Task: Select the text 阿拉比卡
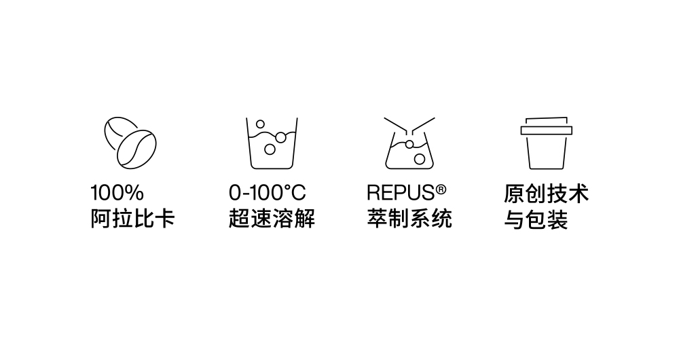tap(132, 218)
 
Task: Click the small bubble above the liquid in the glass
tap(260, 124)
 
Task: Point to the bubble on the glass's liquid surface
tap(280, 137)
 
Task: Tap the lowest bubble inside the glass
tap(270, 149)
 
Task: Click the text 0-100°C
tap(267, 193)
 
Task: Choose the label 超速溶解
tap(272, 218)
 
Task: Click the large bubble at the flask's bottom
tap(419, 159)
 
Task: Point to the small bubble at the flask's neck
tap(409, 144)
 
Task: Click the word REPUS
tap(401, 193)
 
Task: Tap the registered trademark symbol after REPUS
tap(441, 190)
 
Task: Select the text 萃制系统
tap(409, 218)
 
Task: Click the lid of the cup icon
tap(547, 126)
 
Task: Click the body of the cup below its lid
tap(547, 151)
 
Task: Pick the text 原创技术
tap(547, 193)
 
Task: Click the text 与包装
tap(536, 219)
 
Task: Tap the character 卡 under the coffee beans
tap(164, 218)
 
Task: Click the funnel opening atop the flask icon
tap(409, 126)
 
